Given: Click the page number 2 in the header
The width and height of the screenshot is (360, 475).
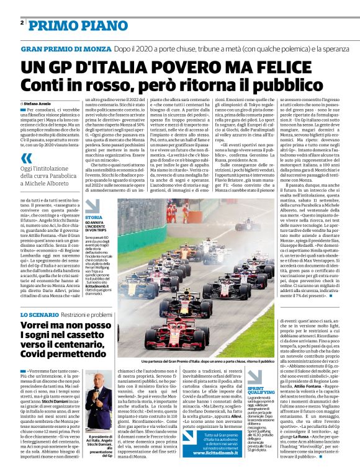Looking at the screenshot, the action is (22, 22).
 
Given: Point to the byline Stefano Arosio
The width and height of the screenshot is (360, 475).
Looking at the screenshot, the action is (38, 104).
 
